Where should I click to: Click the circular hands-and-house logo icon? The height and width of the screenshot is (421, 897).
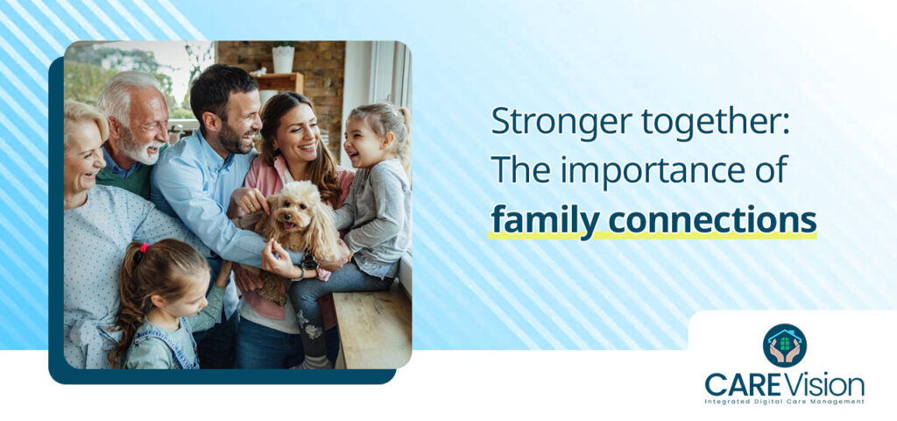pyautogui.click(x=784, y=346)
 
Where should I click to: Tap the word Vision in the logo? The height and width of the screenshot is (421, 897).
pyautogui.click(x=827, y=385)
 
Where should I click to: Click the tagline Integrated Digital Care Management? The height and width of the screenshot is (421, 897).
pyautogui.click(x=784, y=402)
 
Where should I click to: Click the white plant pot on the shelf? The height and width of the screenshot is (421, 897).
pyautogui.click(x=283, y=59)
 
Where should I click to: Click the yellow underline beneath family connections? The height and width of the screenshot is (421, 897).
pyautogui.click(x=653, y=235)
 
